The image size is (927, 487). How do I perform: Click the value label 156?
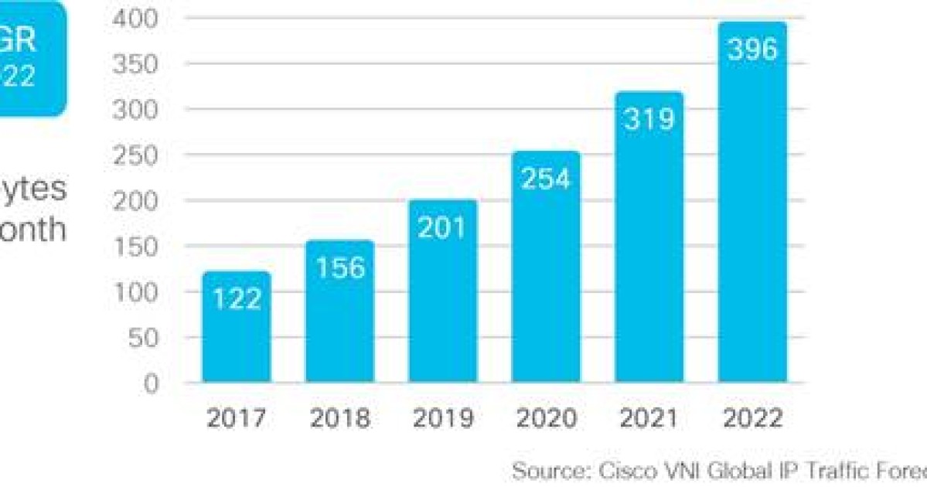pos(340,267)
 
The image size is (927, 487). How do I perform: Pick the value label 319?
pos(649,119)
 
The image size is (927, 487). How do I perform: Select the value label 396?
pos(752,49)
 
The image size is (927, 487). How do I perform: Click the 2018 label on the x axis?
pos(340,418)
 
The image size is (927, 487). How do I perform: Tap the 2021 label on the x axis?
pos(649,418)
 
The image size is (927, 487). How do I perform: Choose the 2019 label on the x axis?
pos(443,418)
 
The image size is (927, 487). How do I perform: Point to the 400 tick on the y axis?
pos(135,19)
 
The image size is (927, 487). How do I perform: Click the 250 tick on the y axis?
pos(135,155)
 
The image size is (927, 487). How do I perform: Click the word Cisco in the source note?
pos(624,470)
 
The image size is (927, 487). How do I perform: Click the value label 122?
pos(237,298)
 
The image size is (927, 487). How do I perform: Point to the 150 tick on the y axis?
pos(135,247)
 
